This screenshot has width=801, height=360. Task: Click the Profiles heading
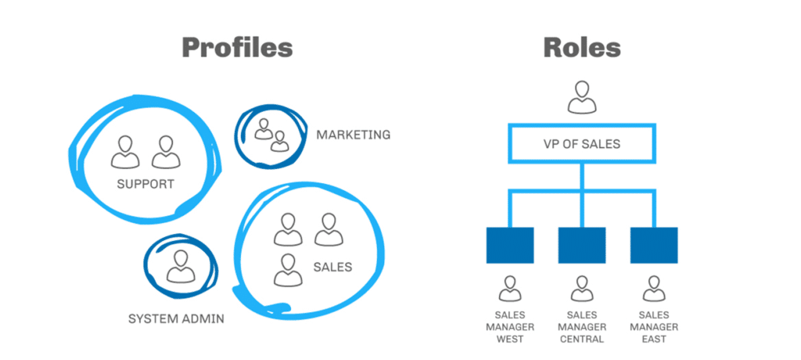237,47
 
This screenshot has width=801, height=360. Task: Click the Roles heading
582,47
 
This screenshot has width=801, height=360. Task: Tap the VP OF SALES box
582,144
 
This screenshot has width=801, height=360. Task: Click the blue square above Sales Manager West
510,245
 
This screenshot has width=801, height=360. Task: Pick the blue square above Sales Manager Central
582,245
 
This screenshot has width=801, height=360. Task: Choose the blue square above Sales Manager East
654,245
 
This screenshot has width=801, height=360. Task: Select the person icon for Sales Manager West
510,288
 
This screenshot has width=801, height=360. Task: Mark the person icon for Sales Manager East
654,288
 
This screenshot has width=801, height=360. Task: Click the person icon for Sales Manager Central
582,288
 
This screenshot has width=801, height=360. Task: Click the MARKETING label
353,135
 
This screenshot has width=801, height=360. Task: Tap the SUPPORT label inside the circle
145,185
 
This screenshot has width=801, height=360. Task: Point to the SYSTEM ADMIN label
176,319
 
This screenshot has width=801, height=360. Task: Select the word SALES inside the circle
332,267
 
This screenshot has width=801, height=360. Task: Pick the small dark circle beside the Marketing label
268,133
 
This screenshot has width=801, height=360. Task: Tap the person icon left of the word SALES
289,269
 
